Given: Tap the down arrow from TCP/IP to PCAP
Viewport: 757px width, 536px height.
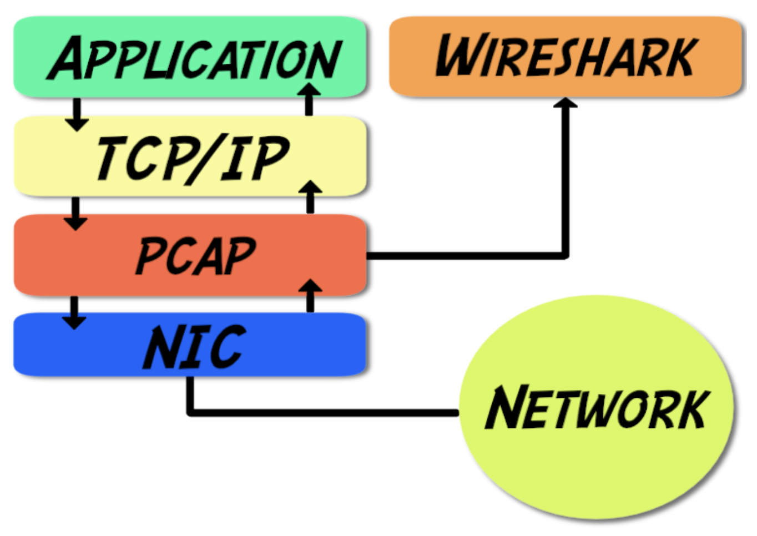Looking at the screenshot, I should pyautogui.click(x=75, y=214).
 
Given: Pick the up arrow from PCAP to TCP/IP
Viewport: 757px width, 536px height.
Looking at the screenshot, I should pyautogui.click(x=310, y=196).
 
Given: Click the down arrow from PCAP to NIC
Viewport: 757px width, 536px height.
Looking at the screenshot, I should pyautogui.click(x=74, y=312).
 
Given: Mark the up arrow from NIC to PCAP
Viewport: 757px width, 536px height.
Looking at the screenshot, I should pyautogui.click(x=310, y=295).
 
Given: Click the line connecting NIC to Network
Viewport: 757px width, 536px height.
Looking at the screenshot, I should pyautogui.click(x=322, y=413).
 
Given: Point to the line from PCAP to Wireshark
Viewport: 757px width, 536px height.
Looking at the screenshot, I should pyautogui.click(x=466, y=256).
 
